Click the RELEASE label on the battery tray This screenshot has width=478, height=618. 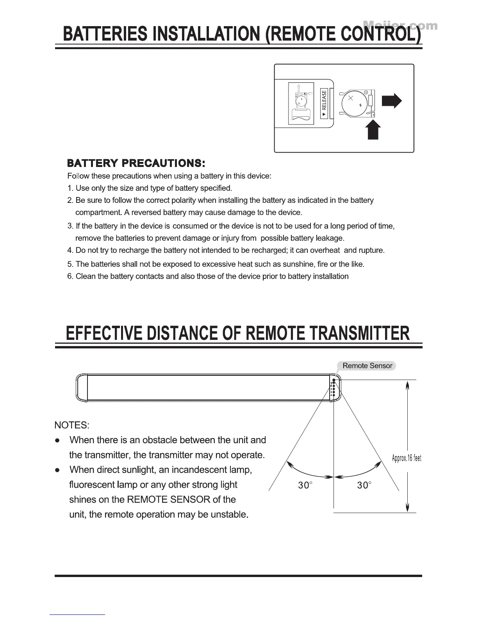click(324, 103)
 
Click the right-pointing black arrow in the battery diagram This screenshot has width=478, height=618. click(391, 101)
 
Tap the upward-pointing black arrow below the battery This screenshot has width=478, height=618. click(374, 129)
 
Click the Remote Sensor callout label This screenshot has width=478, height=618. click(367, 366)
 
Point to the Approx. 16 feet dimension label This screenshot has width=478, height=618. click(407, 458)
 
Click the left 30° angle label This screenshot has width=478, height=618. click(305, 485)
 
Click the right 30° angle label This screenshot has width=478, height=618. click(364, 485)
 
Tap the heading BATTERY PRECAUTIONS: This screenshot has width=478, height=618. click(136, 162)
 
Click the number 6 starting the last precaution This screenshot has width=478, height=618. click(70, 277)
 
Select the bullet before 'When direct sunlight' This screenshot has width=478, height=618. click(57, 470)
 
